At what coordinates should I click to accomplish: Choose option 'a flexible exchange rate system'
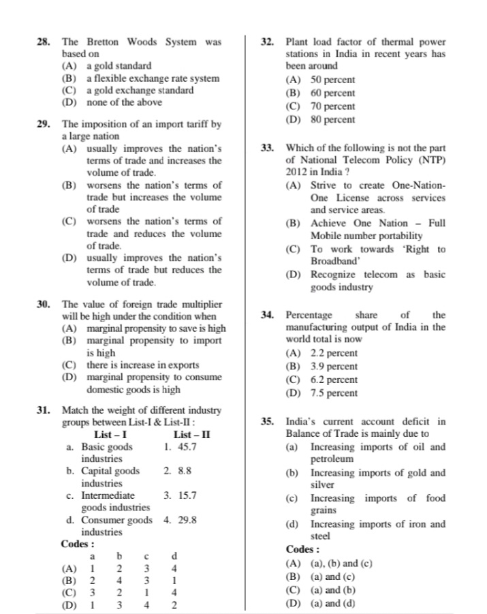coord(153,78)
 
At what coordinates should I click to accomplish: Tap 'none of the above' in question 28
coord(124,102)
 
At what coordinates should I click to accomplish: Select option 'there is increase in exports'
coord(142,365)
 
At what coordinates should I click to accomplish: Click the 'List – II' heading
coord(192,435)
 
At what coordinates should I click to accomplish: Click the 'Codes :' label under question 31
coord(78,544)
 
